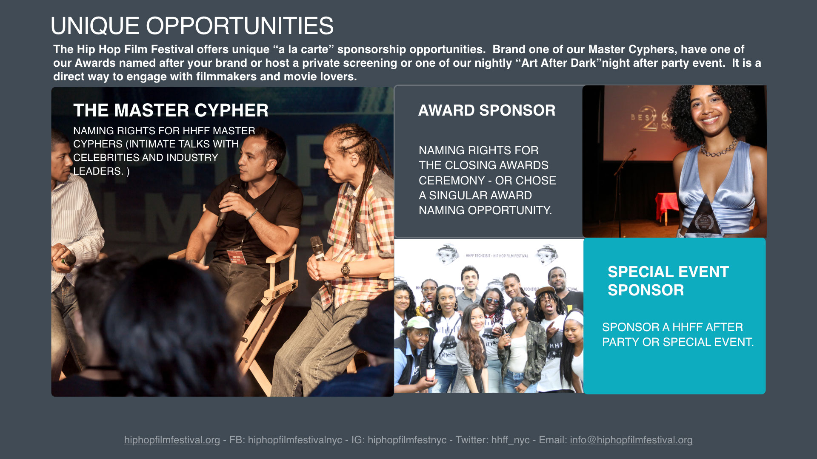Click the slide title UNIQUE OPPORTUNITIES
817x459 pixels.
point(192,26)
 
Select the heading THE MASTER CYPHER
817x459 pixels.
point(171,110)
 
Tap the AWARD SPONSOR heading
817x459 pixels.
point(487,110)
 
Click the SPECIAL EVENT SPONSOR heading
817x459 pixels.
point(668,281)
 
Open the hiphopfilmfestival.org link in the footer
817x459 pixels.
point(172,440)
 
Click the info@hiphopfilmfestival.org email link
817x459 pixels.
point(631,440)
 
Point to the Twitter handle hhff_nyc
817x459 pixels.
point(510,440)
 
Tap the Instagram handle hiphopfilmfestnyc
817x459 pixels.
point(407,440)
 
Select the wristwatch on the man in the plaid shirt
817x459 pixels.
point(345,269)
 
